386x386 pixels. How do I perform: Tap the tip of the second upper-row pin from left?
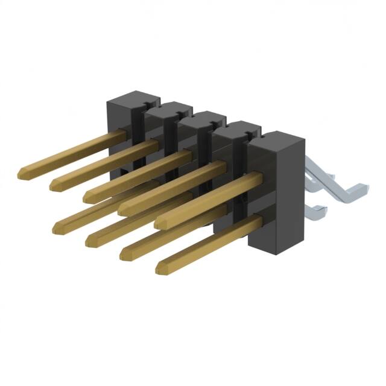[56, 182]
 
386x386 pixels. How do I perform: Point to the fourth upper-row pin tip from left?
[123, 209]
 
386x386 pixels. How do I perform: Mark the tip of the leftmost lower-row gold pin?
[59, 228]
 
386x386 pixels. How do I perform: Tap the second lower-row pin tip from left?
[90, 240]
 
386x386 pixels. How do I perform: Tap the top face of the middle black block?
[202, 117]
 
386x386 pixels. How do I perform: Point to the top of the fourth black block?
[236, 128]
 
